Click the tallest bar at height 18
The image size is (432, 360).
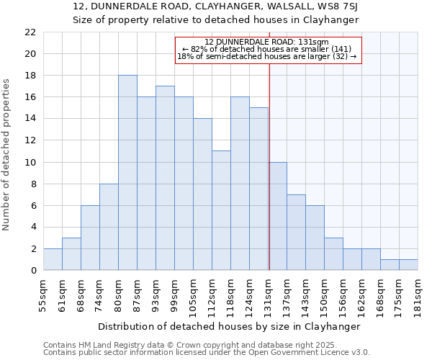(x=127, y=173)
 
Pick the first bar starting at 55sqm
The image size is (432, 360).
(x=53, y=259)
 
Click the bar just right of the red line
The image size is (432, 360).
(x=277, y=216)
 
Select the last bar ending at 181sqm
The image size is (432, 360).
(x=408, y=265)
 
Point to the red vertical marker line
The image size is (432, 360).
(x=269, y=144)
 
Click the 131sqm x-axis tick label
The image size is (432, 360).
(x=268, y=296)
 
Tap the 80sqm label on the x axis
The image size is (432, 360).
(x=118, y=296)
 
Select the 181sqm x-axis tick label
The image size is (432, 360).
(x=418, y=296)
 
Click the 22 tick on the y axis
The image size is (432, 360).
(x=30, y=32)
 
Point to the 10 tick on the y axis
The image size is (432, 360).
(x=30, y=162)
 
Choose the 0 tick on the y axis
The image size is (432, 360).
(x=33, y=270)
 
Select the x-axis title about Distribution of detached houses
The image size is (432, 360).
(x=228, y=326)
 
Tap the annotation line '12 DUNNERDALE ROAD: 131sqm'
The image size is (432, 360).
(x=266, y=42)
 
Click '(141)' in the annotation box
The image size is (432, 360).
(x=341, y=49)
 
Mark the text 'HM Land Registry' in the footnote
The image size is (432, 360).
(x=107, y=345)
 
